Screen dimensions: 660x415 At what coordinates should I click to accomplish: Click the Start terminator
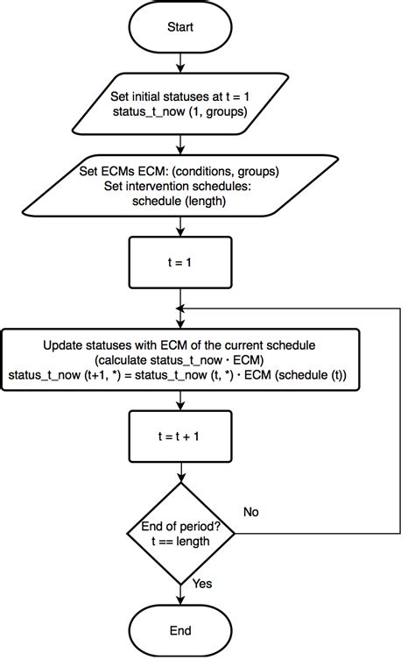click(179, 27)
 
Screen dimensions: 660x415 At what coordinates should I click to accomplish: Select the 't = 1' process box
click(179, 262)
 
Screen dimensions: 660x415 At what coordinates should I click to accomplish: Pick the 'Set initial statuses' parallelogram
click(179, 104)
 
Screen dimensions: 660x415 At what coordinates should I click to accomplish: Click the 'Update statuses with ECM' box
click(179, 359)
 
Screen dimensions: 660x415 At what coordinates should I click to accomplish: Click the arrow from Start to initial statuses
click(179, 63)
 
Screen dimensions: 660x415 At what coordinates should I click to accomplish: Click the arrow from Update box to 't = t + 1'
click(179, 400)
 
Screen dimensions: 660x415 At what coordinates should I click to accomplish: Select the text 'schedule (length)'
click(179, 201)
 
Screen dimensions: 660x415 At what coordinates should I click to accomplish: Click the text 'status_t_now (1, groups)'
click(179, 113)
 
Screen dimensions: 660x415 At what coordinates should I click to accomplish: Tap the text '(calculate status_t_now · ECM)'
click(179, 359)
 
